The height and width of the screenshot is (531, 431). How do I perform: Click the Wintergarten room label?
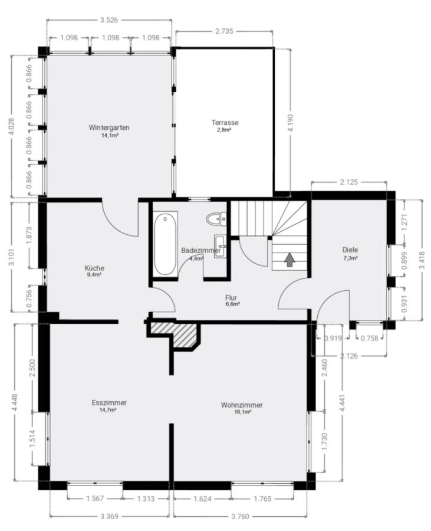point(109,127)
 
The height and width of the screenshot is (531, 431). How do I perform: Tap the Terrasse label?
point(225,122)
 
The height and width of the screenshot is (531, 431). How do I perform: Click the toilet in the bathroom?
point(216,219)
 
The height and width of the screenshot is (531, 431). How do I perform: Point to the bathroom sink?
point(221,247)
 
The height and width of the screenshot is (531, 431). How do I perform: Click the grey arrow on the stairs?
point(289,260)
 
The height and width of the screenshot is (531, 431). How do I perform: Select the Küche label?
point(94,268)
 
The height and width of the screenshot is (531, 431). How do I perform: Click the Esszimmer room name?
point(109,402)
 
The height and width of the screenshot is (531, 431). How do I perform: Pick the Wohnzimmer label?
point(242,405)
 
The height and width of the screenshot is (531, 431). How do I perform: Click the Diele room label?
point(350,250)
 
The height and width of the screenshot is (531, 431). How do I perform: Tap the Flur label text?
point(231,298)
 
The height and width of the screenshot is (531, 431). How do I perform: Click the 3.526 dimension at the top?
point(109,20)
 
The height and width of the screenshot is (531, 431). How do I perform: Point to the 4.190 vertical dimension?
point(290,123)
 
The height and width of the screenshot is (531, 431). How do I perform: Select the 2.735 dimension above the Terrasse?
point(224,31)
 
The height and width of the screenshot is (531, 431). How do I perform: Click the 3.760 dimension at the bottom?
point(240,516)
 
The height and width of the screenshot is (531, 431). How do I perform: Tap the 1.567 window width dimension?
point(95,499)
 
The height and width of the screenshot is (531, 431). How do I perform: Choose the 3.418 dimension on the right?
point(422,260)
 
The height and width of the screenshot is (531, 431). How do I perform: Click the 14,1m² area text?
point(110,135)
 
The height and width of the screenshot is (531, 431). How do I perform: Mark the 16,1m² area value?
point(243,412)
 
